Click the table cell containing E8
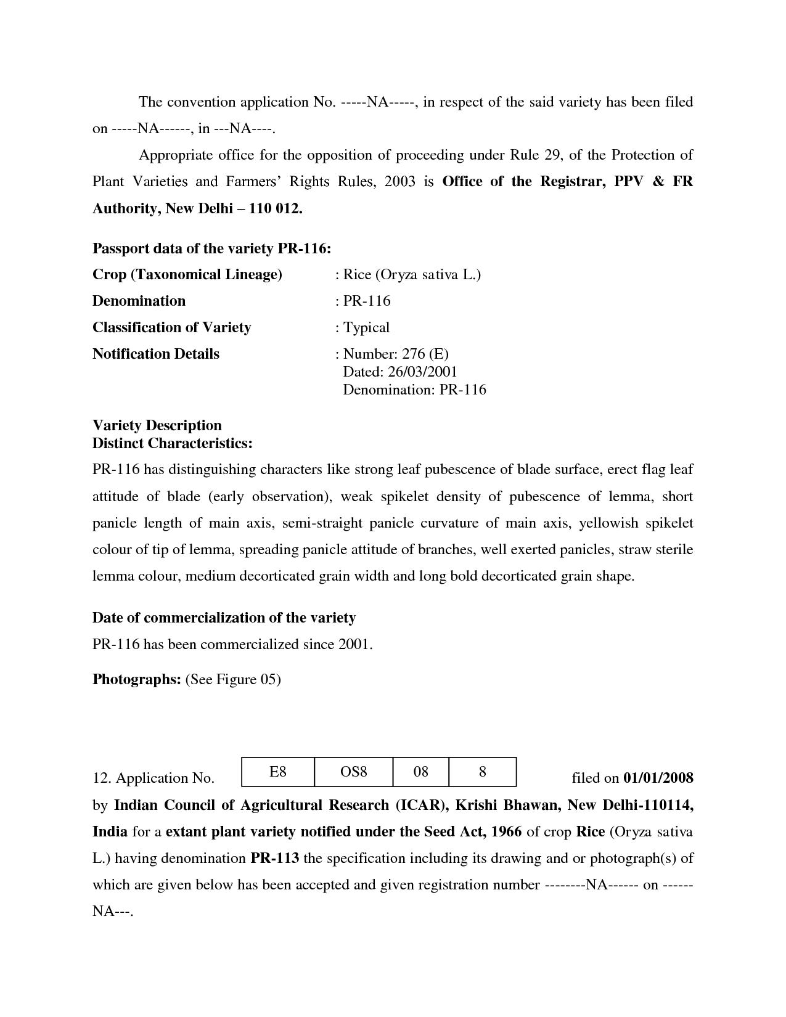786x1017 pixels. pos(278,772)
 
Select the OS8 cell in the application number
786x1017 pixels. pos(353,772)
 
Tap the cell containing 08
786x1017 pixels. pos(420,772)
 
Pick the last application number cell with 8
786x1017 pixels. pos(483,772)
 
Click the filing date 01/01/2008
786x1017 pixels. pos(658,778)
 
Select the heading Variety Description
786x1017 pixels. pos(157,425)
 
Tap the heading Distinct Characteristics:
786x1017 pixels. pos(173,443)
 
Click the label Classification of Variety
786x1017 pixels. pos(171,327)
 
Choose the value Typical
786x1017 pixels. pos(366,327)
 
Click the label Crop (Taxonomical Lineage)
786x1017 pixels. pos(187,274)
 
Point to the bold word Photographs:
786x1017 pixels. pos(136,679)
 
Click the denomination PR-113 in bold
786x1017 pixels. pos(275,858)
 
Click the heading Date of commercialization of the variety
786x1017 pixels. pos(224,618)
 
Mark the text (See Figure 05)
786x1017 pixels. pos(233,679)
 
